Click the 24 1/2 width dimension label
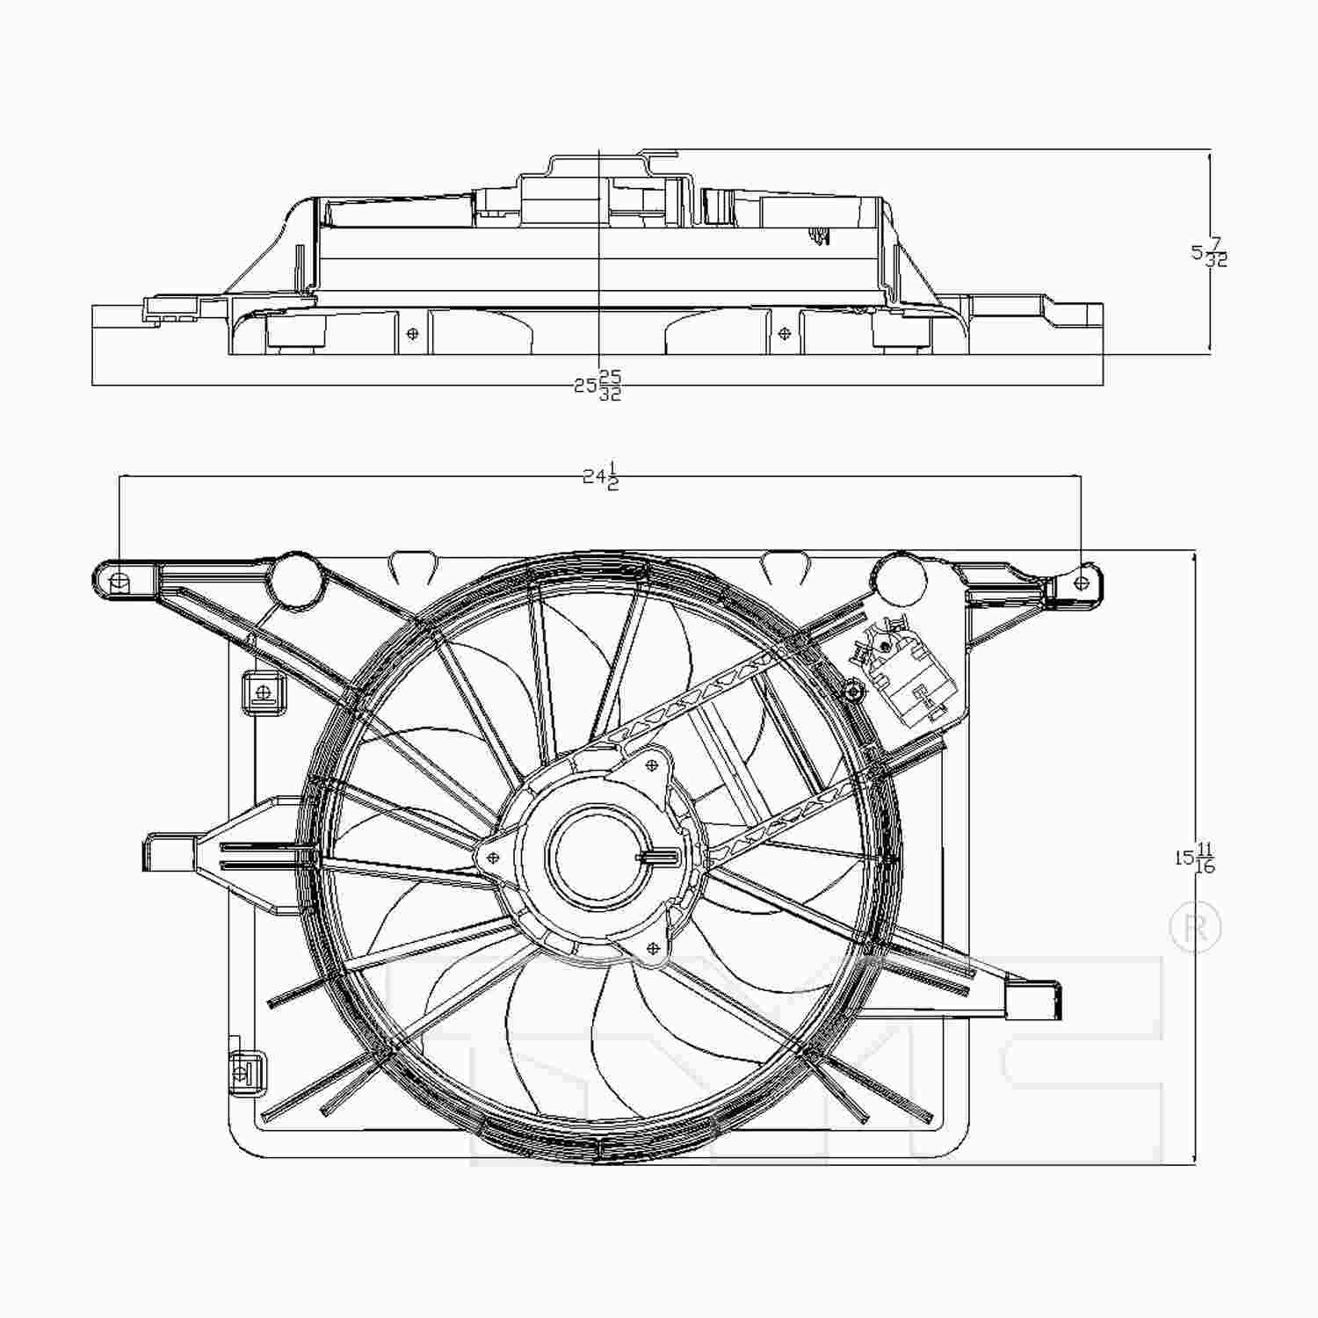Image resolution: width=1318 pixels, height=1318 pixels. click(x=602, y=477)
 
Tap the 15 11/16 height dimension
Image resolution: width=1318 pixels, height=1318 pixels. click(x=1196, y=858)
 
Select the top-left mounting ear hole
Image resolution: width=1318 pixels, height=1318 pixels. click(x=120, y=580)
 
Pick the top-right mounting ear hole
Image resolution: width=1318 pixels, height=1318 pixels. click(x=1083, y=582)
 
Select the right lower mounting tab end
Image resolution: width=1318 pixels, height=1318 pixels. click(x=1033, y=999)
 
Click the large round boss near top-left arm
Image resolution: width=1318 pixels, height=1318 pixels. click(x=295, y=578)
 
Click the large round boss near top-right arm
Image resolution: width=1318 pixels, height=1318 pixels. click(x=900, y=579)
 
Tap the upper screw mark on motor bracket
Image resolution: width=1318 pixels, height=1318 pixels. click(x=651, y=766)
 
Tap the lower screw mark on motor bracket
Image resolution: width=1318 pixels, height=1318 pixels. click(x=652, y=947)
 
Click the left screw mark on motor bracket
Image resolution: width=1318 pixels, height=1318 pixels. click(x=493, y=857)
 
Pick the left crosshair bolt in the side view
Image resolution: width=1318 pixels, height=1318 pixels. click(x=412, y=334)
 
